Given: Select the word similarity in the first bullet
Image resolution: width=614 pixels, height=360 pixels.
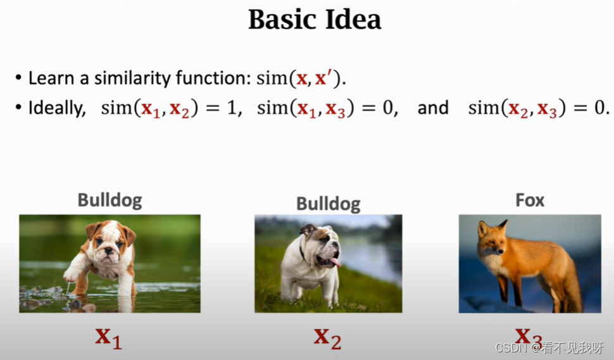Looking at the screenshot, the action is coord(133,78).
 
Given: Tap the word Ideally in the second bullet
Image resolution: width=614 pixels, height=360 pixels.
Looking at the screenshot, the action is coord(57,108).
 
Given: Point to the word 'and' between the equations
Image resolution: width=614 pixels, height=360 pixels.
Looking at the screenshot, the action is coord(433,108).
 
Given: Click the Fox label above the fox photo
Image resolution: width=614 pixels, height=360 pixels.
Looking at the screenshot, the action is coord(530,201).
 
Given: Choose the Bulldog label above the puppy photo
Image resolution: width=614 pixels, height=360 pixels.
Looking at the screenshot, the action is coord(110,201).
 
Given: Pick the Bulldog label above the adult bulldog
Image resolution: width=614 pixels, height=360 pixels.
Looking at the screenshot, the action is coord(328,204).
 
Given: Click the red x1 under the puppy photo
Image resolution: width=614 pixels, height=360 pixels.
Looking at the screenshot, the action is coord(108,338).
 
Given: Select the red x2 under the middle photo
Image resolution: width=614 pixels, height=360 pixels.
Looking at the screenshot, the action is coord(327,338).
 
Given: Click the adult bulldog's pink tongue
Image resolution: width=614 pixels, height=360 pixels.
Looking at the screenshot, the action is coord(335,261).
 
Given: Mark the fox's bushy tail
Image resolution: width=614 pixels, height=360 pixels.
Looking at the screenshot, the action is coord(572,288).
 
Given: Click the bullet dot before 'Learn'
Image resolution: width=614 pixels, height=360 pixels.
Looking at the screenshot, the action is coord(18,77).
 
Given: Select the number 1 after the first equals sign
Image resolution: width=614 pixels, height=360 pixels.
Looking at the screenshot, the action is coord(232,108).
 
